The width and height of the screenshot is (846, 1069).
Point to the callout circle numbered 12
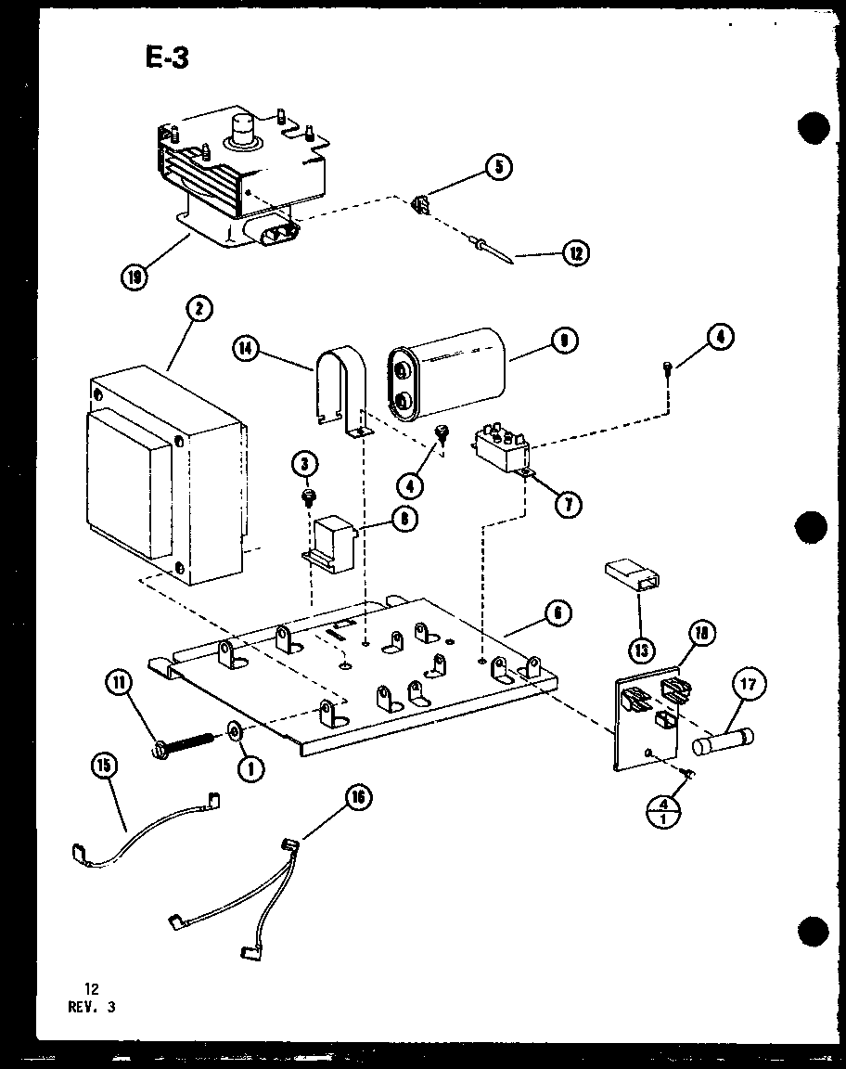pos(575,251)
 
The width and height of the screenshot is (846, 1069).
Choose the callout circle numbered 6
pos(557,612)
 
